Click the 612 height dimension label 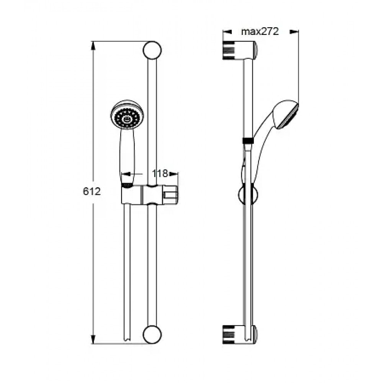92,191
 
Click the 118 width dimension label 160,173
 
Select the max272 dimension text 260,31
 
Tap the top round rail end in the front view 152,50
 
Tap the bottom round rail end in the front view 152,334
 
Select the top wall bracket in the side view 240,50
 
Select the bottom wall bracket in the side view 240,334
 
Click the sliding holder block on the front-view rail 149,195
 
